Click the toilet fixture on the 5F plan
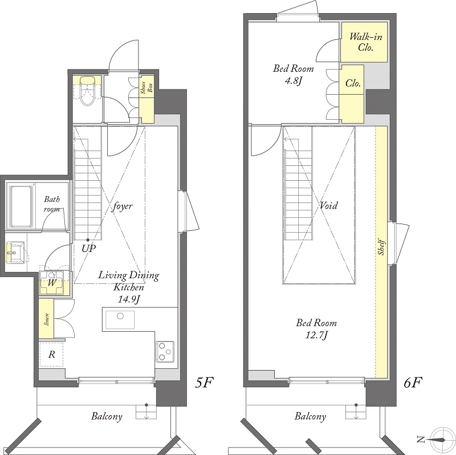87,91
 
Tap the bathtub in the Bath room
21,206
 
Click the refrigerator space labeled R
51,355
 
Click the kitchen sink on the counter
120,320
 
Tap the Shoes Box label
146,87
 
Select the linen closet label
47,319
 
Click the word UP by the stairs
89,249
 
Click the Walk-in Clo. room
364,42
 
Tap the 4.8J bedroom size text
294,81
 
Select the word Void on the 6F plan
329,206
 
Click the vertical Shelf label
381,247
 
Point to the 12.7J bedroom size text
316,335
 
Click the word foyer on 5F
123,206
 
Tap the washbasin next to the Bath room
15,252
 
